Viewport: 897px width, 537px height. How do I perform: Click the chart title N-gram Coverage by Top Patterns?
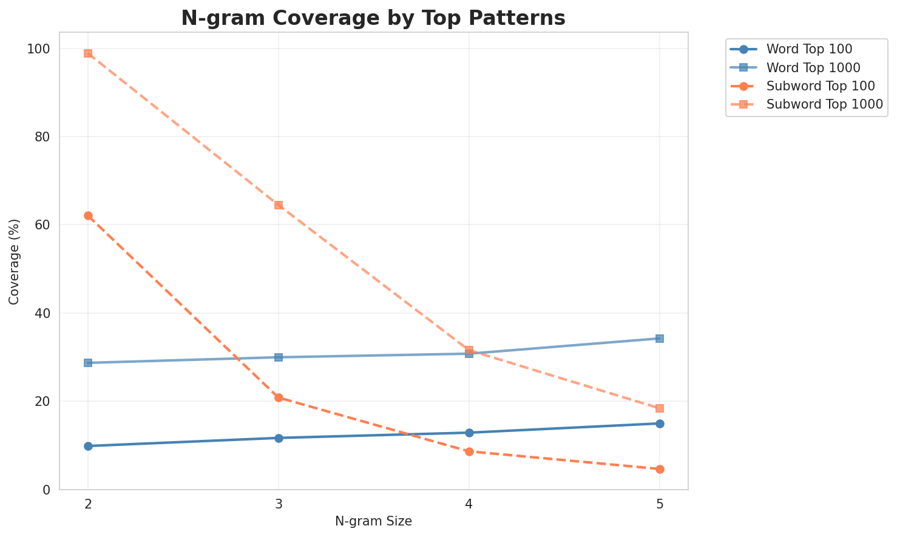373,18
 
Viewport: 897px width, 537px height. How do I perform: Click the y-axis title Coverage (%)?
14,261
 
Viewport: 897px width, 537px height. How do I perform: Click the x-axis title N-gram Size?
373,521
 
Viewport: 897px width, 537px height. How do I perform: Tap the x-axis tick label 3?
279,504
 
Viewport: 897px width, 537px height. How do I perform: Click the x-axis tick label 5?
660,504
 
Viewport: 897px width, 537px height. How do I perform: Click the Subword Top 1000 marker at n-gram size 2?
88,53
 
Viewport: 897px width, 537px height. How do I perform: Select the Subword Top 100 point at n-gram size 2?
88,216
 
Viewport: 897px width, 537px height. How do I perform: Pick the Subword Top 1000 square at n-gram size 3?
279,205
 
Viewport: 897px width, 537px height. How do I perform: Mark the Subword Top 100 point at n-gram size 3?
279,397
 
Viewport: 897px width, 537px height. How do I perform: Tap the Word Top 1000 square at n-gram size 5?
660,339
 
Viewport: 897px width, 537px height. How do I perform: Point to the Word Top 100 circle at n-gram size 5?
660,424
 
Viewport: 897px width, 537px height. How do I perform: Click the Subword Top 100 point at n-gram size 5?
660,469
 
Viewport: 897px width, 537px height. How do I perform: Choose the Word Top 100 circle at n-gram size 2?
88,446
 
